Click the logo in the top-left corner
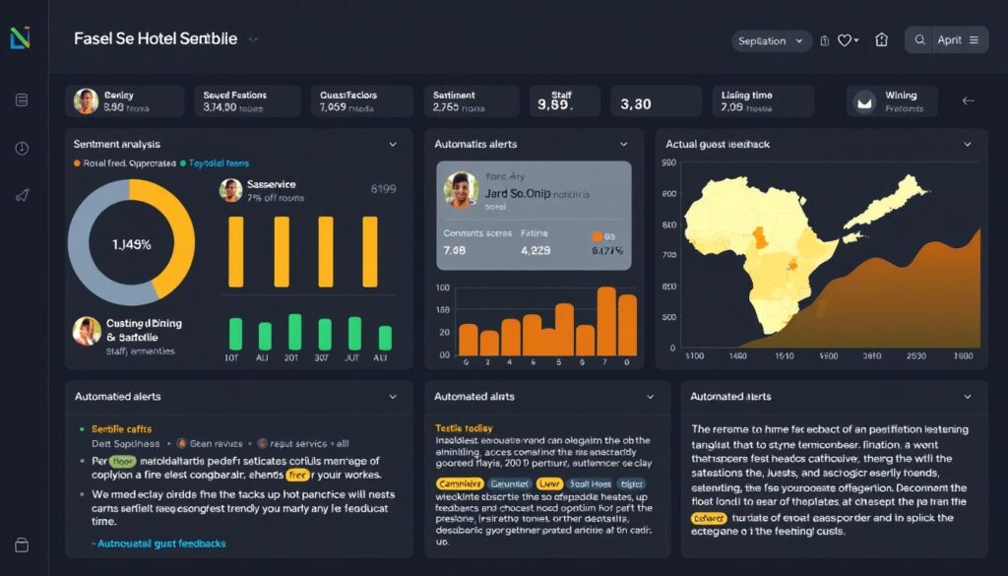click(20, 38)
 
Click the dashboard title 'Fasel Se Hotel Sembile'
click(156, 39)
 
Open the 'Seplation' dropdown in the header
click(771, 40)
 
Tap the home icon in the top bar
click(881, 40)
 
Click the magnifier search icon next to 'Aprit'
click(920, 40)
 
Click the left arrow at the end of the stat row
click(968, 100)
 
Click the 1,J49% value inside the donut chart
click(131, 244)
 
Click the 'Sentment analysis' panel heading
click(117, 144)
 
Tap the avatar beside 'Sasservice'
click(230, 190)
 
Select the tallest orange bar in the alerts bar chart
click(606, 320)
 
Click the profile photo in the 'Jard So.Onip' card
click(461, 190)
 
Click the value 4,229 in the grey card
click(535, 251)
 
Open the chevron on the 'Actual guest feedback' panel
click(968, 144)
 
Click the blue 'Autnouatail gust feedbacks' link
click(159, 544)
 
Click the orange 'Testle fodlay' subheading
click(464, 428)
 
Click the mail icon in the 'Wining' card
click(866, 101)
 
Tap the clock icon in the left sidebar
click(22, 149)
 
